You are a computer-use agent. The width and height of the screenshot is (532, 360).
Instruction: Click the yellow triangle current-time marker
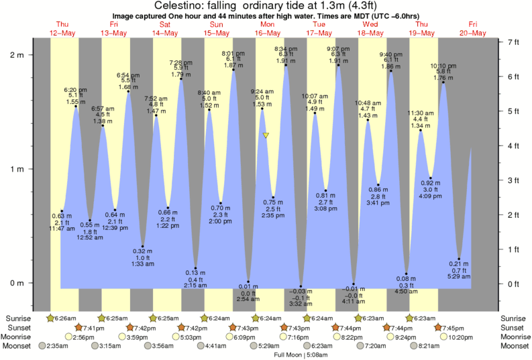(266, 135)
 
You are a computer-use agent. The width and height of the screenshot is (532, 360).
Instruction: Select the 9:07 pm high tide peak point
(338, 65)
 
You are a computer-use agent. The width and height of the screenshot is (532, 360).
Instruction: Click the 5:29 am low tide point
(459, 259)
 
